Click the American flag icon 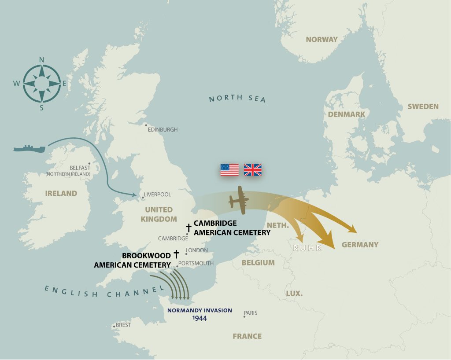click(x=229, y=170)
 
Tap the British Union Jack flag click(x=253, y=170)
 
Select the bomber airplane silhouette click(x=238, y=200)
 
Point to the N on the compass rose click(x=42, y=60)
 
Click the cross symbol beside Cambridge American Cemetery click(x=189, y=228)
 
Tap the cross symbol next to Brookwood click(x=177, y=254)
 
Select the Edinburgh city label click(x=163, y=130)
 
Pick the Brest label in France click(x=123, y=325)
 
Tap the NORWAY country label click(x=322, y=40)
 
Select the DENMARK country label click(x=346, y=114)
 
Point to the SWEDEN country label click(x=423, y=107)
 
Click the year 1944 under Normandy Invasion click(x=200, y=318)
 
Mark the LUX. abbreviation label click(x=294, y=293)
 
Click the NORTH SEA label click(x=237, y=98)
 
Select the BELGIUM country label click(x=258, y=263)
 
